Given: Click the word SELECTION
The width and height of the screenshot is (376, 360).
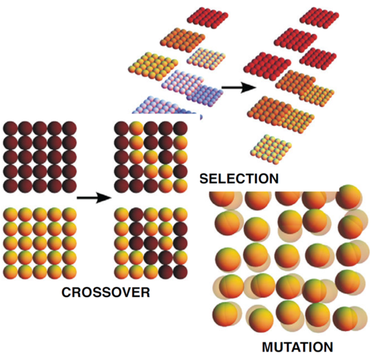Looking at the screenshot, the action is [x=239, y=179].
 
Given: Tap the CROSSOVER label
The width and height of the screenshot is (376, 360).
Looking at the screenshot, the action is [x=106, y=292].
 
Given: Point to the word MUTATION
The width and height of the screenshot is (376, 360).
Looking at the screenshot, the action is [x=298, y=347].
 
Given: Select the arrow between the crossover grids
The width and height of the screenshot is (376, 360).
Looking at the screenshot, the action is [x=94, y=198].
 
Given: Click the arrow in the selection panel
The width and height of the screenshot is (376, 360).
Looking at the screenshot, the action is [x=239, y=87].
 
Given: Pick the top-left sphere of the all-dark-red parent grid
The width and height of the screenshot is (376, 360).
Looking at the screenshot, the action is [x=10, y=129].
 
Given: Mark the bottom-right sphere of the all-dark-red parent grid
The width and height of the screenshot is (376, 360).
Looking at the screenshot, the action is [x=69, y=186].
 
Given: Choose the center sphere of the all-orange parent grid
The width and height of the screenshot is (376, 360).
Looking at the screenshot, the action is [x=40, y=244].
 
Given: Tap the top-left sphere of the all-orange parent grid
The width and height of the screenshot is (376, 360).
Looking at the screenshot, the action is [x=10, y=214].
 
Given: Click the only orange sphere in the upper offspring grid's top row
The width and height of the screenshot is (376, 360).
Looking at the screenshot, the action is [x=136, y=129].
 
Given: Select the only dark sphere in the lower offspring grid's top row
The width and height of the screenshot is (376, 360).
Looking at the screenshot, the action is [x=136, y=214].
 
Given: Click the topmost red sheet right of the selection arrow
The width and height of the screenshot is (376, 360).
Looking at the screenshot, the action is [x=320, y=17].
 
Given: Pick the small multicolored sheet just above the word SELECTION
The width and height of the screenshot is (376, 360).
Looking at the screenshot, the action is [x=271, y=149].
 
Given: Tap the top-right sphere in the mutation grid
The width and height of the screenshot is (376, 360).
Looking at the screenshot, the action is [x=349, y=198].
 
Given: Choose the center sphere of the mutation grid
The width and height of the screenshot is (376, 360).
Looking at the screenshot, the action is [x=287, y=257].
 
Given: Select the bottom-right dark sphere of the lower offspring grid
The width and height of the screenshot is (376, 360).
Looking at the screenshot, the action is [x=181, y=272].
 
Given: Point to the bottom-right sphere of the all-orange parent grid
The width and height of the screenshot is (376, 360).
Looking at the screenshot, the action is [x=69, y=272].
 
